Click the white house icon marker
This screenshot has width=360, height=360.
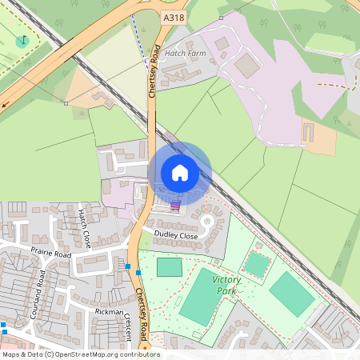tap(180, 172)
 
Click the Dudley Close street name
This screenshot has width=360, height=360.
tap(175, 236)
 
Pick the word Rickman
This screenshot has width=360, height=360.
tap(109, 311)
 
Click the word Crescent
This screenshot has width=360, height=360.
tap(128, 326)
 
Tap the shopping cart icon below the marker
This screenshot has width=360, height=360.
tap(175, 206)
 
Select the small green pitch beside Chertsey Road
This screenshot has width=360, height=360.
tap(169, 267)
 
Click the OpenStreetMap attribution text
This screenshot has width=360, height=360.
tap(80, 354)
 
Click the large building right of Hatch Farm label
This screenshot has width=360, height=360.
tap(247, 67)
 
